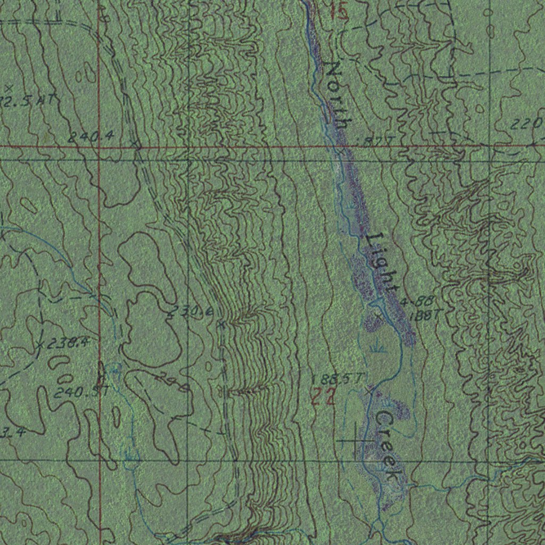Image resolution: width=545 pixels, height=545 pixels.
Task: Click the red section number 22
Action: [323, 397]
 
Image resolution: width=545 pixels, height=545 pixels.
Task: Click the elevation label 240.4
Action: [90, 136]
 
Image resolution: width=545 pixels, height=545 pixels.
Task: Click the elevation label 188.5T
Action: [338, 378]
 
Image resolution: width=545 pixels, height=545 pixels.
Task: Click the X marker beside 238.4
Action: [40, 345]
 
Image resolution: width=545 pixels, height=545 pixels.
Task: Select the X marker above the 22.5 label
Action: [7, 87]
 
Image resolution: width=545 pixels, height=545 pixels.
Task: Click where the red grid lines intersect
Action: [100, 146]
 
